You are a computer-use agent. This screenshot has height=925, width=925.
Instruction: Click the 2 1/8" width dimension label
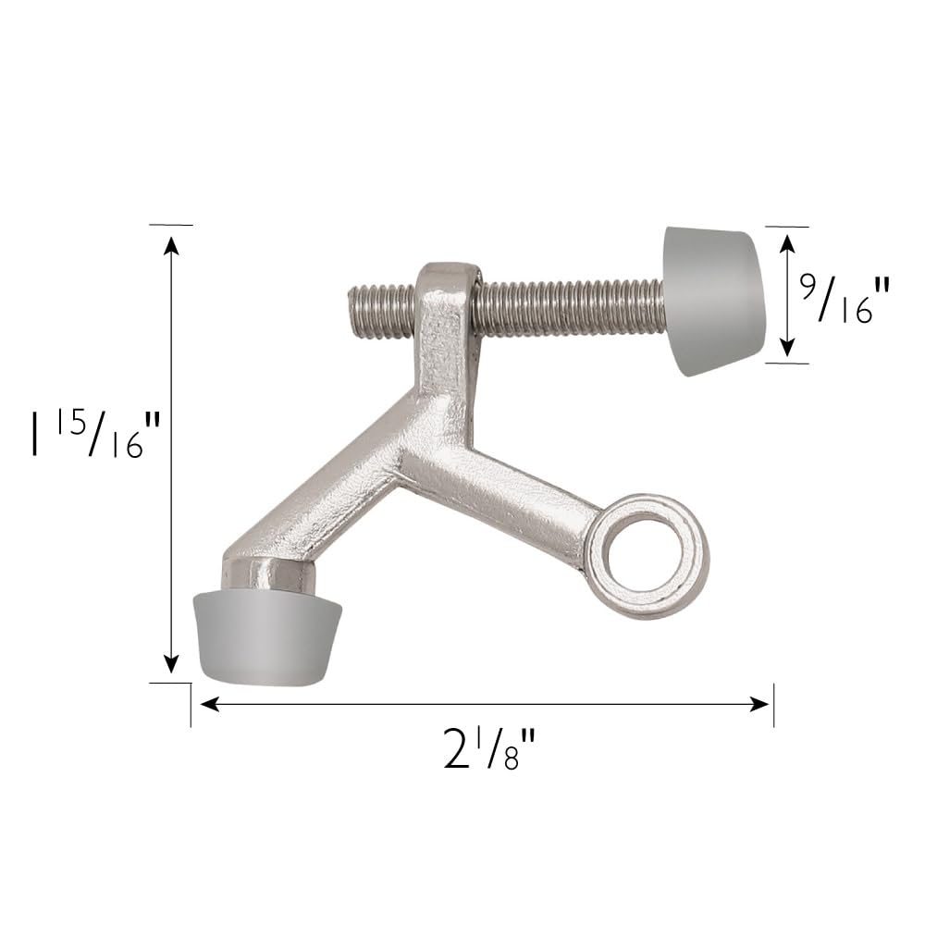click(x=489, y=749)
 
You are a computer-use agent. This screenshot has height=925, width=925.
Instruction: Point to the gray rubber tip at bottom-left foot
click(x=265, y=637)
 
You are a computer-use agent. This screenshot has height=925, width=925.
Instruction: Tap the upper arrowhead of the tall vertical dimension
click(x=171, y=244)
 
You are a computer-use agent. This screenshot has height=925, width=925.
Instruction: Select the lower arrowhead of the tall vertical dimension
click(x=171, y=664)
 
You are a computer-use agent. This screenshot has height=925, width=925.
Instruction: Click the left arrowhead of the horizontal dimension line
click(x=209, y=705)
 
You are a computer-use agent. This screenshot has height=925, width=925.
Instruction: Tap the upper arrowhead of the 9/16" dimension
click(x=786, y=242)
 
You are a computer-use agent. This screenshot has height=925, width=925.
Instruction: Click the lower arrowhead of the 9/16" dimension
click(x=786, y=348)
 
